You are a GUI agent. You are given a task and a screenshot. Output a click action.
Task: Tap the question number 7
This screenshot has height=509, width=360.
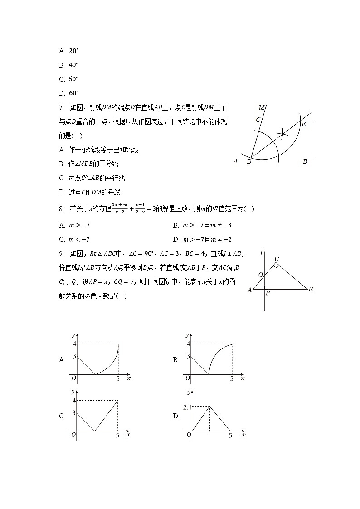pos(61,107)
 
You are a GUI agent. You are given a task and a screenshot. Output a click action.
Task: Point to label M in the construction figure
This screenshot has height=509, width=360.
pos(262,108)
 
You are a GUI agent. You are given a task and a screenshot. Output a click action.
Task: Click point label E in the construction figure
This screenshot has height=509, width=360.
pos(303,125)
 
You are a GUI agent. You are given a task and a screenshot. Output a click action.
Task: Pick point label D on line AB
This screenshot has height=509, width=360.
pos(249,162)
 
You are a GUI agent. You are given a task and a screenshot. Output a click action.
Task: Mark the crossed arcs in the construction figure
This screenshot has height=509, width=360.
pos(282,133)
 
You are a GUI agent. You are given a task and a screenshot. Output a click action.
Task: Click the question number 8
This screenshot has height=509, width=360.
pos(61,209)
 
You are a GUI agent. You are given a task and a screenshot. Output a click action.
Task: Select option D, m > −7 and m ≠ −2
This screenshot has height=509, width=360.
pos(202,239)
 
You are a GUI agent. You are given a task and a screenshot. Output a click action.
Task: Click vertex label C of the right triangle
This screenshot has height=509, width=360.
pos(277,259)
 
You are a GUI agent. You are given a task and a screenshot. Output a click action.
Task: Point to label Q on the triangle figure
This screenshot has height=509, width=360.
pos(260,275)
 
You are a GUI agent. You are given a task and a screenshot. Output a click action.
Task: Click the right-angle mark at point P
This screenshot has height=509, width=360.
pos(267,287)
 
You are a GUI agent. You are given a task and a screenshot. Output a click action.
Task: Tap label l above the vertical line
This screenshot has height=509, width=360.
pos(262,252)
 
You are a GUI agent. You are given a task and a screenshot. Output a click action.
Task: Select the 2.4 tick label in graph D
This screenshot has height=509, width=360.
pos(187,407)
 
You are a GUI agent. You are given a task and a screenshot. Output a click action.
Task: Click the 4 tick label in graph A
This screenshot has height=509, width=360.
pos(74,344)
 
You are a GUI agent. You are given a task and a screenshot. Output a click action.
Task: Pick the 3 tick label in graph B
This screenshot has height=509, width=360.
pos(188,357)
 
